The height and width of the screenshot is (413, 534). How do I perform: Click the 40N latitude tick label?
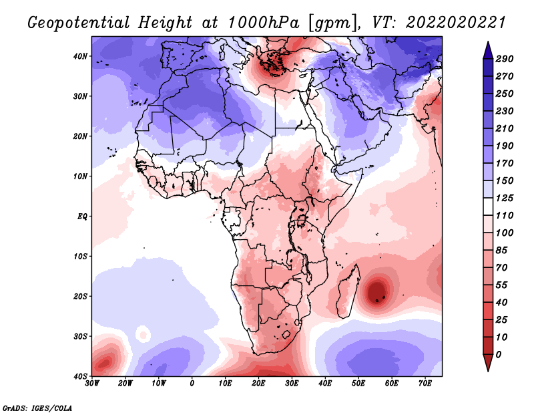(80, 56)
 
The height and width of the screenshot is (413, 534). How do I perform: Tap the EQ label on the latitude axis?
(82, 217)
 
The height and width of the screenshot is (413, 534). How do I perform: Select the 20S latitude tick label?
(80, 296)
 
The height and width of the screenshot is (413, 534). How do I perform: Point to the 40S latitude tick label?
(80, 376)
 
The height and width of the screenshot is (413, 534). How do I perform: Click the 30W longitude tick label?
(92, 384)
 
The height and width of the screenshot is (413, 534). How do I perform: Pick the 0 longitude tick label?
(192, 384)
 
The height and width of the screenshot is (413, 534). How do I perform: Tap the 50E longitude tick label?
(358, 384)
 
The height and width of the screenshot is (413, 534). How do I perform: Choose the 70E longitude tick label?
(425, 384)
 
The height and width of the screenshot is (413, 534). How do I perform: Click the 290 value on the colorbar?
(504, 59)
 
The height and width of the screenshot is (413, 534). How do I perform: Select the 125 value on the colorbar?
(504, 198)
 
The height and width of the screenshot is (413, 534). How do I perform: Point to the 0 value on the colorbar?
(499, 355)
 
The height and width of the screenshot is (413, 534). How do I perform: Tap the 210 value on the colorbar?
(504, 128)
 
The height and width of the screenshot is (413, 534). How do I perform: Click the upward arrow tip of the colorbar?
(488, 42)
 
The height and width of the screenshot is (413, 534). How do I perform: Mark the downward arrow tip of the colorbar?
(488, 371)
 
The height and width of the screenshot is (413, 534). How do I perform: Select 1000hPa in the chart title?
(263, 23)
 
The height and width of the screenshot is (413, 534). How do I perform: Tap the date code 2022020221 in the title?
(456, 23)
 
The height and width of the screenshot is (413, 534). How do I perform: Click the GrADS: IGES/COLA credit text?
(37, 408)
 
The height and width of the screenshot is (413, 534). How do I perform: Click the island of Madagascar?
(348, 291)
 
